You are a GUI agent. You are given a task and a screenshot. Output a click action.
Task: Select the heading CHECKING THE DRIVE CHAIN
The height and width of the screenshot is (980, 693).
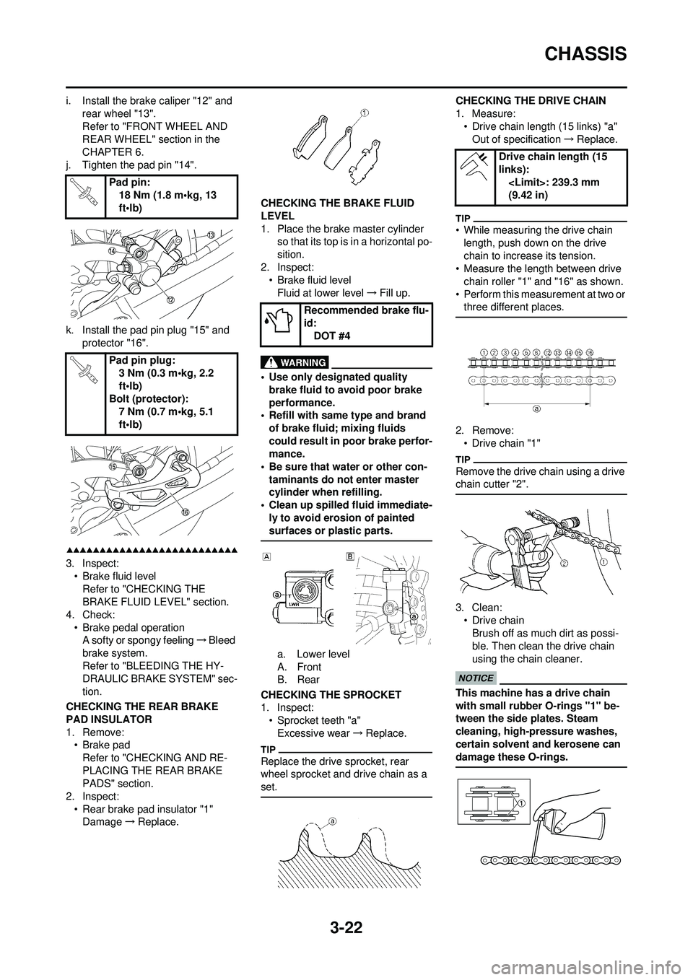pyautogui.click(x=531, y=100)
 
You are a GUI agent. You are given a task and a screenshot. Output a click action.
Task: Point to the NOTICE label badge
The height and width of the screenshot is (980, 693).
pyautogui.click(x=476, y=678)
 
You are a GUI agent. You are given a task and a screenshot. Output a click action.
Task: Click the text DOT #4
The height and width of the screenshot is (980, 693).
pyautogui.click(x=333, y=335)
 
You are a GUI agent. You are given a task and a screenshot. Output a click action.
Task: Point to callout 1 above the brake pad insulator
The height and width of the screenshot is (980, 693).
pyautogui.click(x=365, y=112)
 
